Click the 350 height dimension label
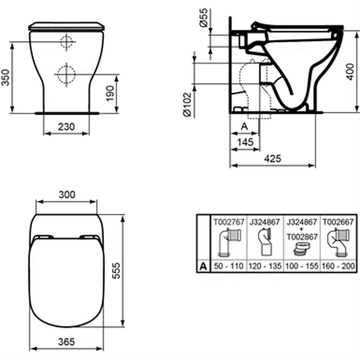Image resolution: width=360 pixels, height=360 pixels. point(5,78)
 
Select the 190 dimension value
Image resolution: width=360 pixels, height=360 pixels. point(110,93)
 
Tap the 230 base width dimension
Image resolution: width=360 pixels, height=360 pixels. point(66,127)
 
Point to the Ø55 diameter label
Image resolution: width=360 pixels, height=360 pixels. point(203,18)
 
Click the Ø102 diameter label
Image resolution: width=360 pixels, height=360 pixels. point(187,105)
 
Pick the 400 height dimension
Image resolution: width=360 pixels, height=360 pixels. point(350,71)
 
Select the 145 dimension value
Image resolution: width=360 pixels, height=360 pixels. point(245,142)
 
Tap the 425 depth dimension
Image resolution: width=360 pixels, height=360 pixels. point(273,158)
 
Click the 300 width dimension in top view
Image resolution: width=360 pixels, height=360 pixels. point(67,195)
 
